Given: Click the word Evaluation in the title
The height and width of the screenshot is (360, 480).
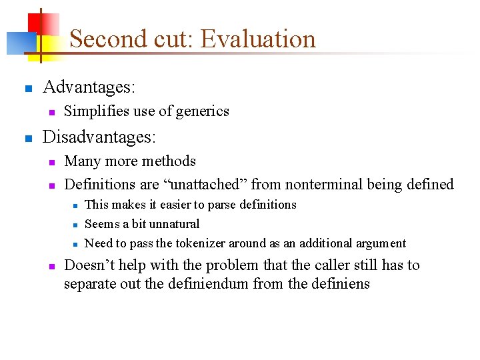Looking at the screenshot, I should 258,39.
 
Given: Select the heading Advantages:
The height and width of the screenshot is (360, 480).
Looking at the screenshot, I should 89,87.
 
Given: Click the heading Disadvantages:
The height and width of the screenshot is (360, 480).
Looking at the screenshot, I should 99,137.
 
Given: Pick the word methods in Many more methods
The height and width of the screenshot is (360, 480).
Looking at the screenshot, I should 173,161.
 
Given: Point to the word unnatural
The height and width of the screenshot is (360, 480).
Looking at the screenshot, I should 175,224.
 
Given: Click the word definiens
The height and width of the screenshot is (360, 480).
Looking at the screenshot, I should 342,283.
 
